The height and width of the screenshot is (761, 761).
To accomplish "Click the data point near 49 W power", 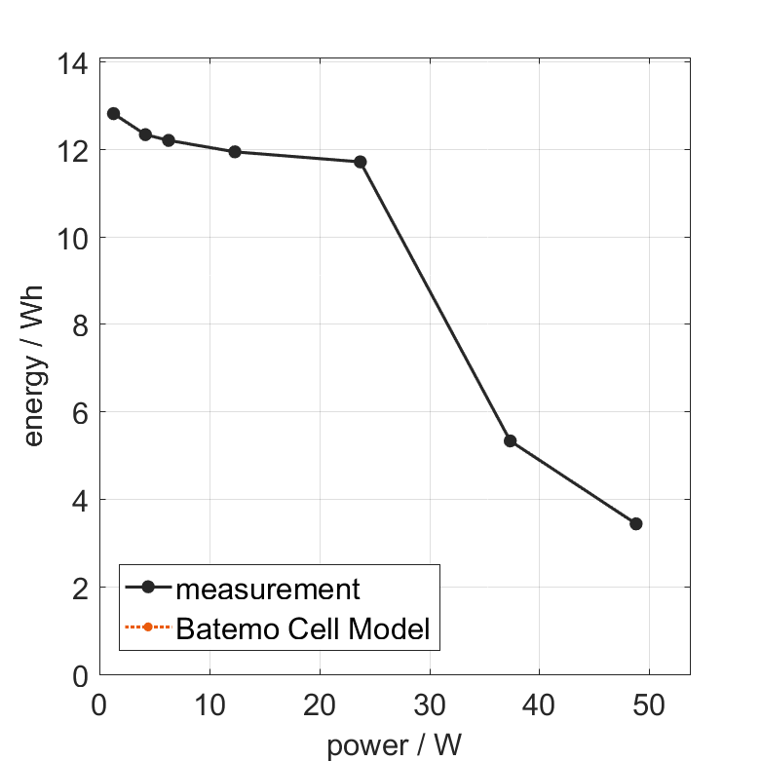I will tap(636, 523).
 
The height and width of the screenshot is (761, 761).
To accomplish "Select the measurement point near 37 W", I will tap(510, 440).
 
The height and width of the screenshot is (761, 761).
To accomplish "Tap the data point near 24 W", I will tap(360, 162).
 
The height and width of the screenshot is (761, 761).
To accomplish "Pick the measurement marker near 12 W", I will tap(234, 152).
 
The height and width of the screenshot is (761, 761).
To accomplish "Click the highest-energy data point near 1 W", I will tap(113, 114).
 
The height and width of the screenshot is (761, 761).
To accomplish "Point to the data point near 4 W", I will tap(145, 134).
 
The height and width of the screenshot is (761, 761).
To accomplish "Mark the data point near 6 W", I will tap(168, 140).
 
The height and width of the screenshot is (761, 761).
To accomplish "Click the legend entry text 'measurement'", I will tap(268, 589).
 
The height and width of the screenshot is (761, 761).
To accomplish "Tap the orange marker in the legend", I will tap(148, 627).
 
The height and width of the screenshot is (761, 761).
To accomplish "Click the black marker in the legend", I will tap(148, 588).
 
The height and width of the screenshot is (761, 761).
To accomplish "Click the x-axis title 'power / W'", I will tap(394, 745).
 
